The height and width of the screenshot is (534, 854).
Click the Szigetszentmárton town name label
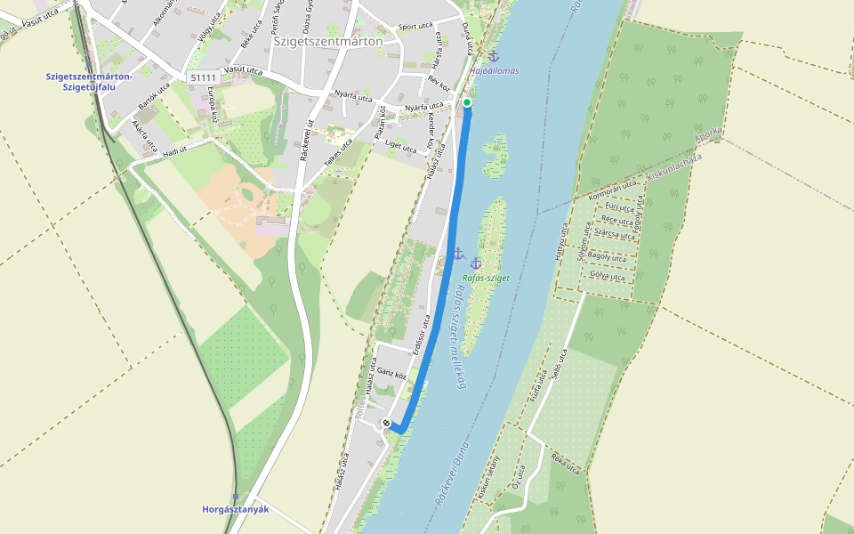pos(328,41)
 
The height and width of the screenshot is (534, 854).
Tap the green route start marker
pos(467,102)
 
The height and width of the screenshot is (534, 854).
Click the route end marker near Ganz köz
pos(387,423)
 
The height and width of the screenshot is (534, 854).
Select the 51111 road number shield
pos(204,78)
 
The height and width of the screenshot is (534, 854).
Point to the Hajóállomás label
pos(494,70)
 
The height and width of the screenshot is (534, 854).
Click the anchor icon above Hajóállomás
pos(494,56)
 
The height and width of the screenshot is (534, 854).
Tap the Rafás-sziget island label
pos(486,278)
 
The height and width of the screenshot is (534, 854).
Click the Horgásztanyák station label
pos(235,510)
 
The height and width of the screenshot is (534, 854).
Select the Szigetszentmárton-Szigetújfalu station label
pos(89,81)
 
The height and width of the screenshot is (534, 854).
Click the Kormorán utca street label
pos(615,190)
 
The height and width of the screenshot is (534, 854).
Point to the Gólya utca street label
pos(607,276)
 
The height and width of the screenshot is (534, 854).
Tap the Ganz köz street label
pos(391,371)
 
